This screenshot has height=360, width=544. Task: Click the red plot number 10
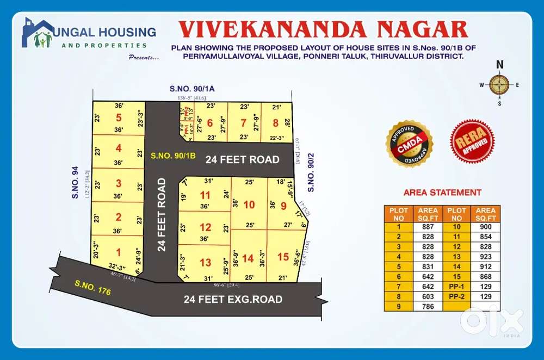(x=249, y=204)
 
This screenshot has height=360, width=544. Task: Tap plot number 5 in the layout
(x=119, y=117)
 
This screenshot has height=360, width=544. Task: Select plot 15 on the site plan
(x=283, y=257)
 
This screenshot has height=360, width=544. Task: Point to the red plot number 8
(x=275, y=123)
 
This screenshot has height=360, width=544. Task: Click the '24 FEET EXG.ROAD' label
(x=233, y=299)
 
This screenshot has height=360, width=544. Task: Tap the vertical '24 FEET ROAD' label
(x=162, y=215)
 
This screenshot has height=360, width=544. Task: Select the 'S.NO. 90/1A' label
(x=187, y=89)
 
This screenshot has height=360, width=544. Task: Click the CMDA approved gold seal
(x=409, y=144)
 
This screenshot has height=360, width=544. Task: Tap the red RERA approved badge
(x=473, y=141)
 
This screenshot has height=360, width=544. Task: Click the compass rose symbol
(x=499, y=84)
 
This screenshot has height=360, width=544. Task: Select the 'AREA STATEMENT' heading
(x=442, y=192)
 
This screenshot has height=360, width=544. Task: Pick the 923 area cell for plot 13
(x=485, y=257)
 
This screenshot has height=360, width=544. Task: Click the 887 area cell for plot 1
(x=427, y=227)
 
